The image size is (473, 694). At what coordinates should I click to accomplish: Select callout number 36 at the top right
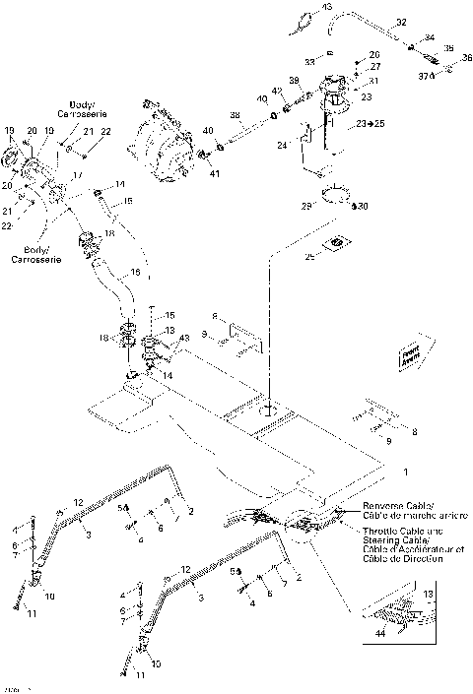467,57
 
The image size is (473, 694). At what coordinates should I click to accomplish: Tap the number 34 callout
429,38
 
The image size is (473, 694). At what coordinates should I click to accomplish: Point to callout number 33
308,62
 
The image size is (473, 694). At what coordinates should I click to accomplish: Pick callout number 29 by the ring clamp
306,205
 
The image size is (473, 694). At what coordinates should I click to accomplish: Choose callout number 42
278,91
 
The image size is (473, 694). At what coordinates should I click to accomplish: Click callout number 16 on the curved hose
135,272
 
